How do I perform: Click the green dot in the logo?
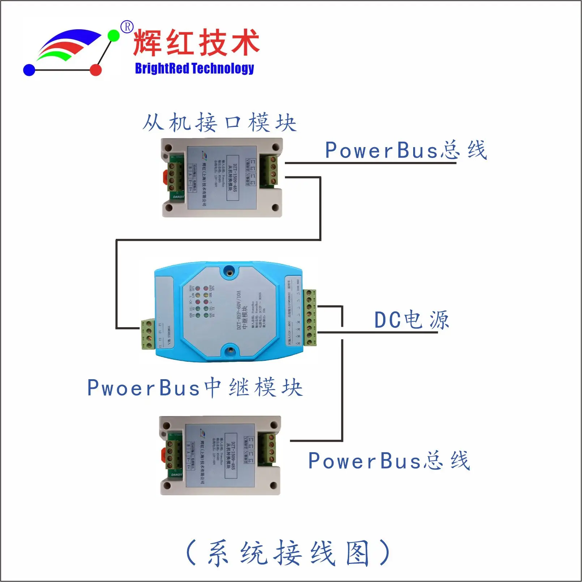coord(114,35)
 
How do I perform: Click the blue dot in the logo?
coord(29,70)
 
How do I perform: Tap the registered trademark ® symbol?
coord(127,27)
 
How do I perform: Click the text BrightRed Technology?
coord(194,68)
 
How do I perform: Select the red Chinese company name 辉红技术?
coord(196,43)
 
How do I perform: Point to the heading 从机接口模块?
coord(219,123)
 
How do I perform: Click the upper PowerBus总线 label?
coord(406,150)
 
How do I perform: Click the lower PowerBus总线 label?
coord(389,461)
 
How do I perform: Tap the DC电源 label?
coord(411,320)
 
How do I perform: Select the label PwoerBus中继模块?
coord(195,388)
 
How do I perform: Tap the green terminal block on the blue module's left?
coord(148,335)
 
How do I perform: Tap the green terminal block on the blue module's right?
coord(309,318)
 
